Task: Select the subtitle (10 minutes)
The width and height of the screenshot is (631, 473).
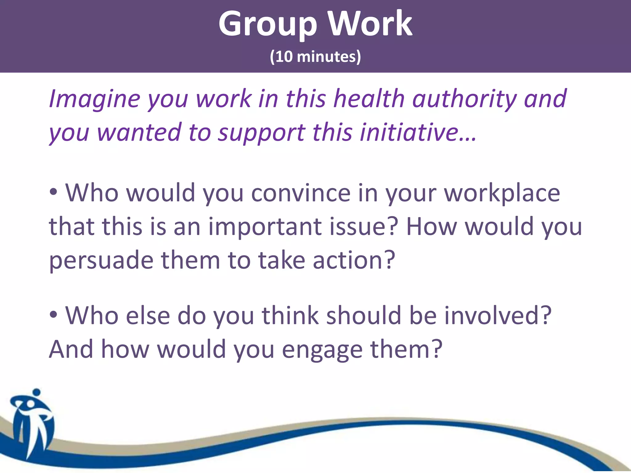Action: (x=315, y=57)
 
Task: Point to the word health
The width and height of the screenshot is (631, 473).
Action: (x=369, y=99)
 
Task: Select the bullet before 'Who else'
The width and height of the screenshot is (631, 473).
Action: (x=54, y=315)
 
